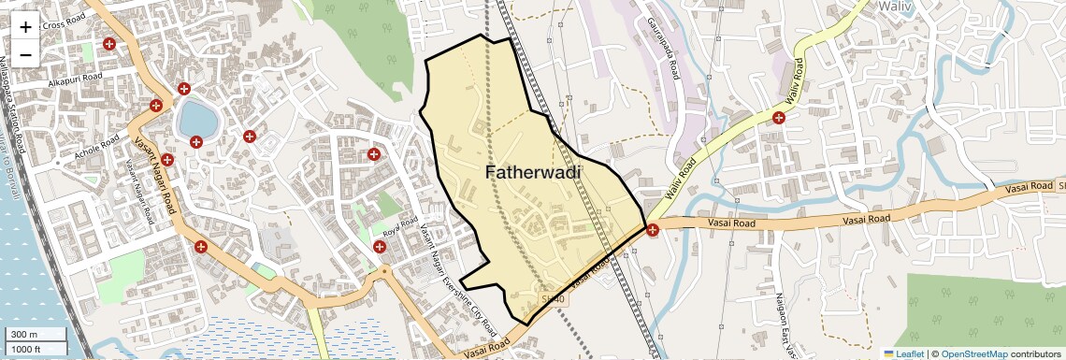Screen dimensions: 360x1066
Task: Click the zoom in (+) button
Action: pos(25,26)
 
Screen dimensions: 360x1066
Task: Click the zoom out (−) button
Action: pos(25,54)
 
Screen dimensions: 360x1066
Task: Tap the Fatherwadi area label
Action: pos(533,172)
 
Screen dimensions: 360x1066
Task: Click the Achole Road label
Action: pos(97,147)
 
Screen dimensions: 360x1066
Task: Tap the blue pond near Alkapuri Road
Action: pos(196,119)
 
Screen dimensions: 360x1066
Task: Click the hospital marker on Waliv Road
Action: pos(778,117)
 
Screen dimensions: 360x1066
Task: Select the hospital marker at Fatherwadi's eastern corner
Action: pos(652,229)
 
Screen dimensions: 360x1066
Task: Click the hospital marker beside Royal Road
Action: pos(379,247)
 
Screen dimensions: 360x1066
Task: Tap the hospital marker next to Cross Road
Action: pos(109,44)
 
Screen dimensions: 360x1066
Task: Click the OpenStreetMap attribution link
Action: pos(973,353)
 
